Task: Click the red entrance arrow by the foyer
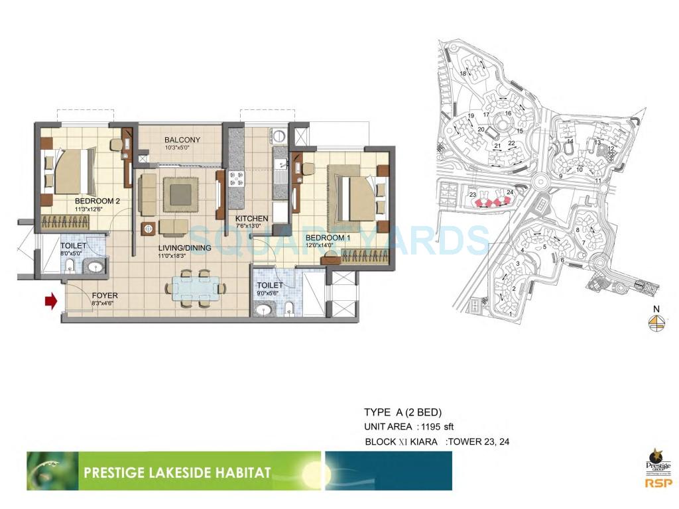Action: coord(50,302)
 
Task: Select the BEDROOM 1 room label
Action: coord(328,237)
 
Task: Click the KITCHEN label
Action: coord(251,218)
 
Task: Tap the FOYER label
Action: coord(105,296)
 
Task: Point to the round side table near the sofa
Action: coord(148,229)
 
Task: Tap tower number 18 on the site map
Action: coord(463,73)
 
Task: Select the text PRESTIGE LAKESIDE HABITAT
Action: coord(177,473)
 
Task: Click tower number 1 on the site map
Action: coord(511,313)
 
